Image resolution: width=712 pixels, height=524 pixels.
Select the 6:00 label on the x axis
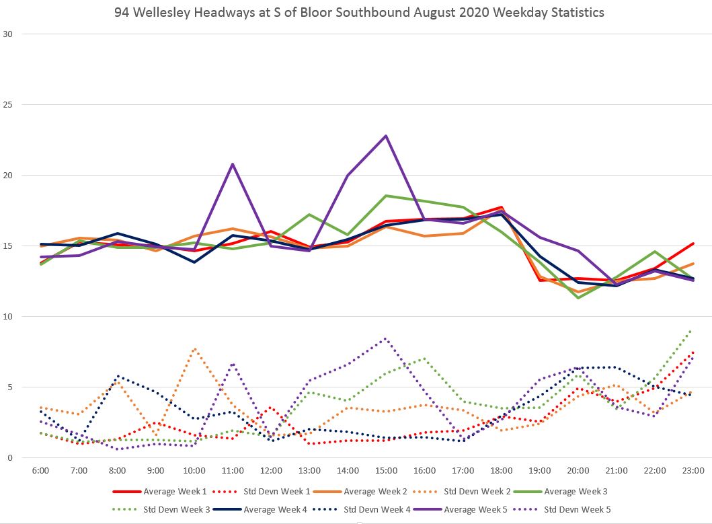[40, 471]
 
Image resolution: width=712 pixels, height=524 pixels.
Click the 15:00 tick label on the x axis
[386, 471]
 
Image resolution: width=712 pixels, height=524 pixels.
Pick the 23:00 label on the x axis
[693, 471]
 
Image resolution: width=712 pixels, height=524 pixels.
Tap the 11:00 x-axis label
[233, 471]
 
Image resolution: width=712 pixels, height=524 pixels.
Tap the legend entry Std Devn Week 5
[578, 510]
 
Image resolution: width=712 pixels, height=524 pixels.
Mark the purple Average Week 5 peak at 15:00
[386, 136]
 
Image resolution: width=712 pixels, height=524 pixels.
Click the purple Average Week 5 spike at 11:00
[233, 164]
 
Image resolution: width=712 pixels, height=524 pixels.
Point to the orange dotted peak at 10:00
[194, 348]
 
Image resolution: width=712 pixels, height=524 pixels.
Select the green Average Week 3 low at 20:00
[578, 297]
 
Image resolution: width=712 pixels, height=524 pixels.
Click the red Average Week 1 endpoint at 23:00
[693, 244]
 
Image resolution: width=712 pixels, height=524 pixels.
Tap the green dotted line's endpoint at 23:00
[692, 330]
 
